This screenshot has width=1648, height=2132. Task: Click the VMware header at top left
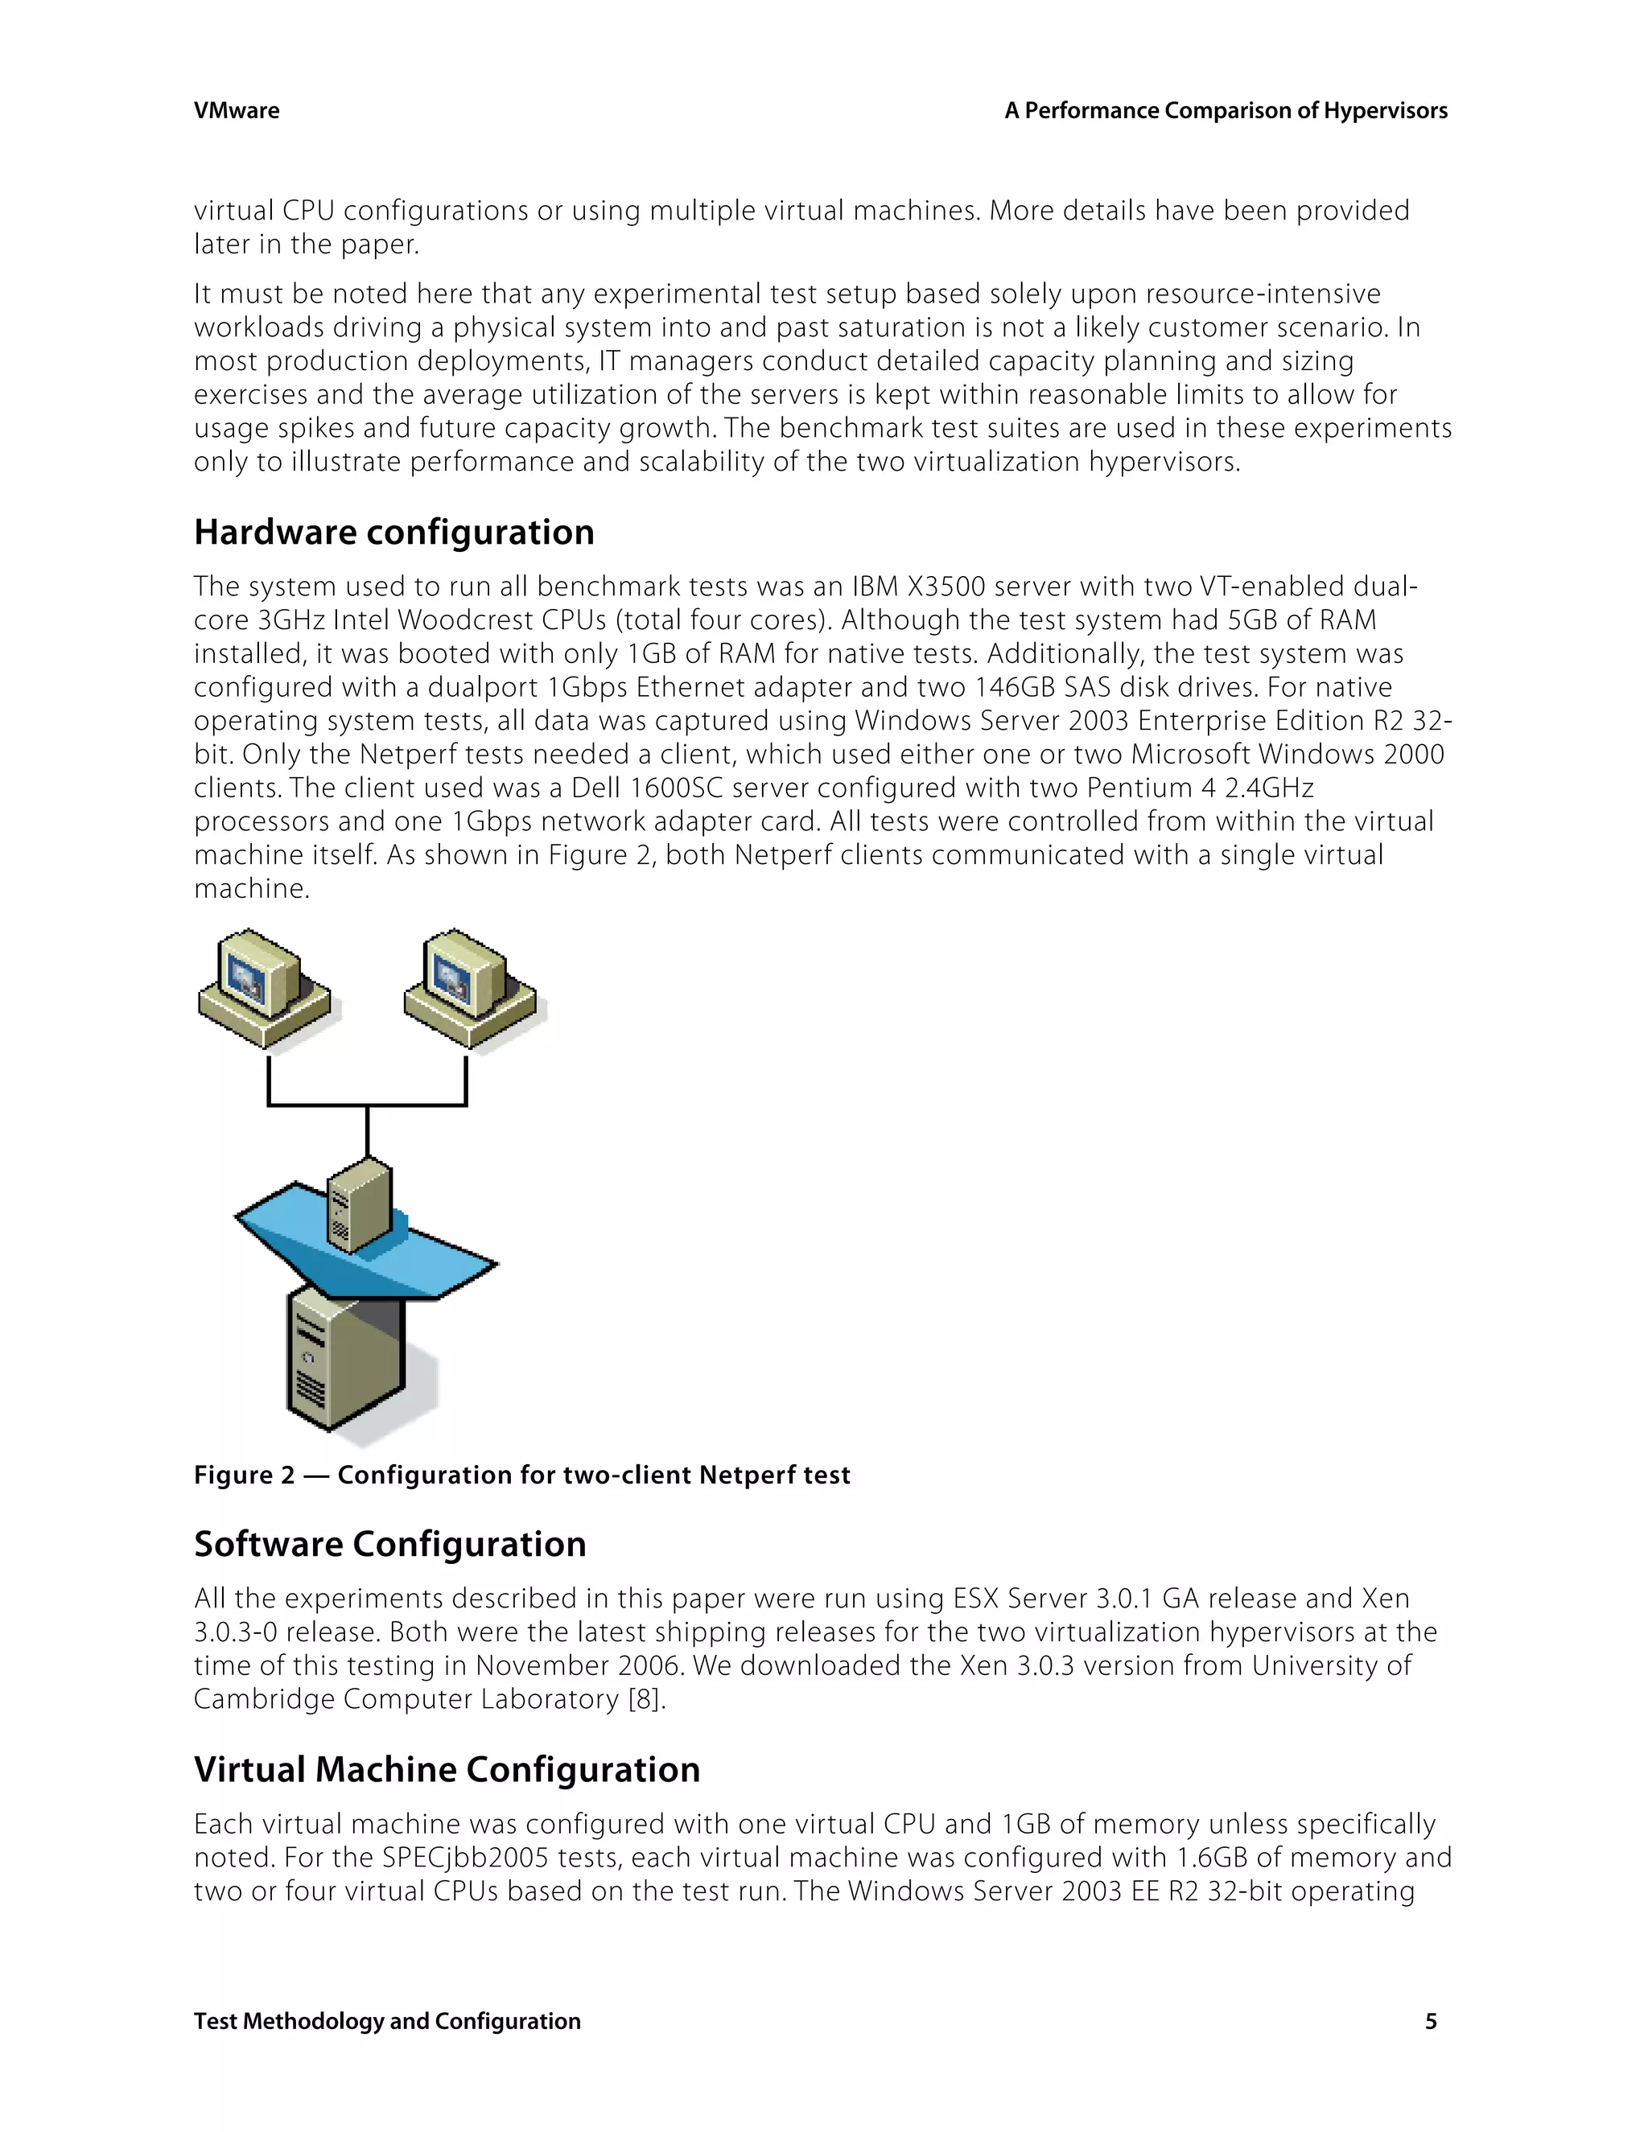point(237,110)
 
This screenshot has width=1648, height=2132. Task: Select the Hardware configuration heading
point(393,532)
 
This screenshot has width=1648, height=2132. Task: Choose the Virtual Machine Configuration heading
point(446,1769)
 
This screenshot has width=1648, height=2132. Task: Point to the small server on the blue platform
point(359,1204)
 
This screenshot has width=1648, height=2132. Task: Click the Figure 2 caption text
point(521,1474)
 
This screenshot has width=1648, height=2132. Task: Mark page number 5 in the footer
point(1430,2021)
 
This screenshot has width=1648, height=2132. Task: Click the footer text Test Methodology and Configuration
point(386,2021)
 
